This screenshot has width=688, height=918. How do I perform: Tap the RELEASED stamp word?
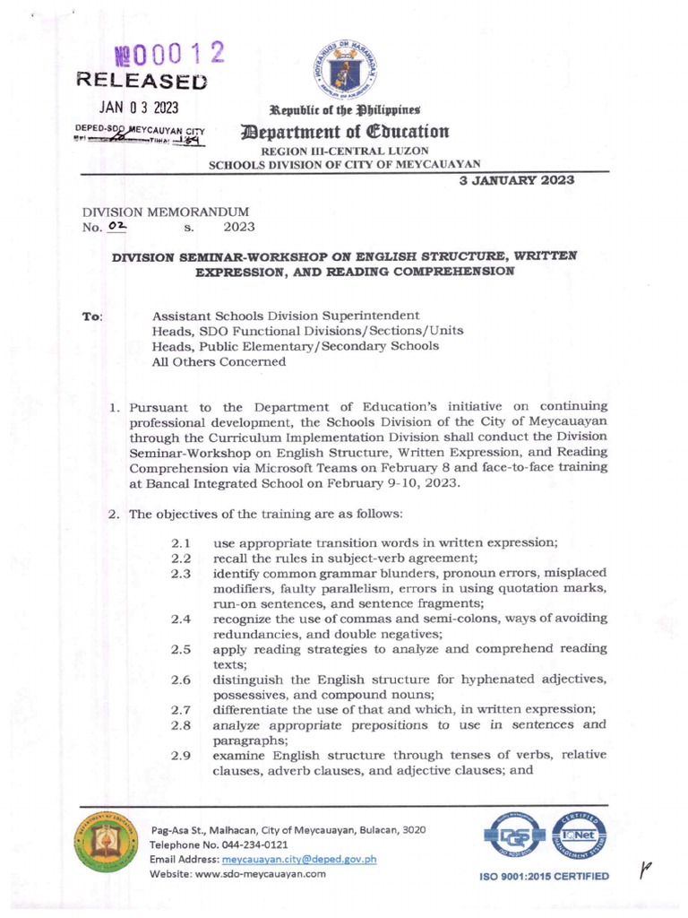142,82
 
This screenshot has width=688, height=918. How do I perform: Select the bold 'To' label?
91,316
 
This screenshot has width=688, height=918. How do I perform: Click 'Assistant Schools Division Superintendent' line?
285,316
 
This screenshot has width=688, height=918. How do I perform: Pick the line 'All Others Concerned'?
219,361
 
